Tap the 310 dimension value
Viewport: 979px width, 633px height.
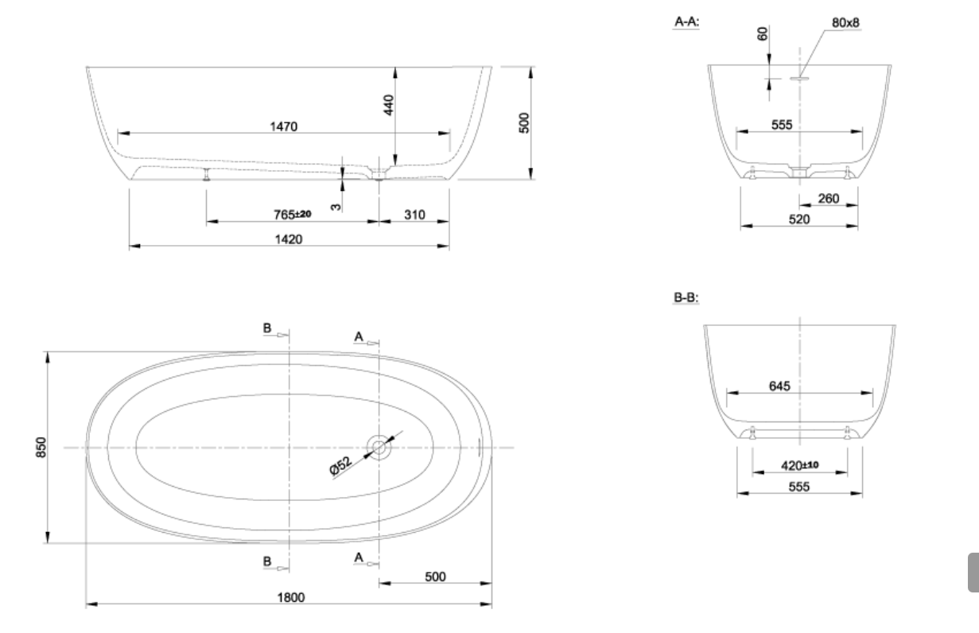(x=414, y=215)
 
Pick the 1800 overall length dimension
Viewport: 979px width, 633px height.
(x=289, y=596)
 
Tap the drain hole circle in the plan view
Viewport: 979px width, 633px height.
(x=379, y=447)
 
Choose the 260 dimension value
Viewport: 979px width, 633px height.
(x=828, y=198)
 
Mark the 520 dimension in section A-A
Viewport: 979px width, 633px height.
(x=799, y=219)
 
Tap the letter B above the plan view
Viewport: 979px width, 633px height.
(x=268, y=328)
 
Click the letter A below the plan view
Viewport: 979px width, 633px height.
(x=359, y=559)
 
